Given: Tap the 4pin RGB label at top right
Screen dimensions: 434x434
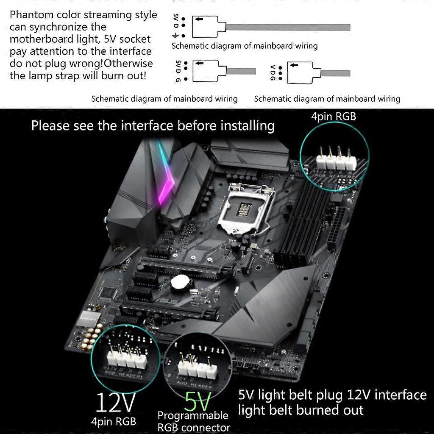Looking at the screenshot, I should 334,116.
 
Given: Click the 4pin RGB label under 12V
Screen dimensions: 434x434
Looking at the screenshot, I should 114,421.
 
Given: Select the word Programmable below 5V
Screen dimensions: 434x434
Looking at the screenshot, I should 193,415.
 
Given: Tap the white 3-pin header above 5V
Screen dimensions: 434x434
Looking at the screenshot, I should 196,367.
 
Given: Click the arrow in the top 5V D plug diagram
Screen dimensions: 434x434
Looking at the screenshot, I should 198,19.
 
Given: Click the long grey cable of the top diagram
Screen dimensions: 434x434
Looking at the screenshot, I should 288,28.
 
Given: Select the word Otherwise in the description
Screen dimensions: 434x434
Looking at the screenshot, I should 129,64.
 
